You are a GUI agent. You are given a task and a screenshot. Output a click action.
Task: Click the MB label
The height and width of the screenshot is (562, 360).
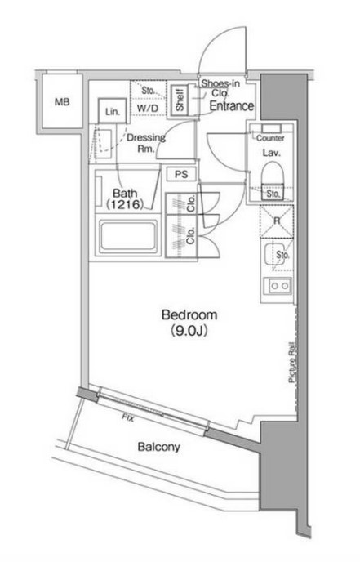click(62, 102)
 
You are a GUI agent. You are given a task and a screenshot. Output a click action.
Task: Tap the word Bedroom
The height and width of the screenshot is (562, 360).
click(189, 314)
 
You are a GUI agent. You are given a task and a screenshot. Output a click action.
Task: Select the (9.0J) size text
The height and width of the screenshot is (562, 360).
click(189, 331)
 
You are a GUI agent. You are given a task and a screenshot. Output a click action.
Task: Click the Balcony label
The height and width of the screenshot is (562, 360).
click(158, 447)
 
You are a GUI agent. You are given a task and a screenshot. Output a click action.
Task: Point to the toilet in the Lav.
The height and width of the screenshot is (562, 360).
click(273, 177)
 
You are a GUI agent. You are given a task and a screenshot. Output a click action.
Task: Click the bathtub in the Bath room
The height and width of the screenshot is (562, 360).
click(128, 236)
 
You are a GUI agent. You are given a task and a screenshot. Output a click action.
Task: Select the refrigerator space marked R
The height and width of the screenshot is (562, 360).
click(277, 221)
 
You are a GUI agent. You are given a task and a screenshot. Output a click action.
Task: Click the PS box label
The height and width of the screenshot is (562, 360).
click(181, 175)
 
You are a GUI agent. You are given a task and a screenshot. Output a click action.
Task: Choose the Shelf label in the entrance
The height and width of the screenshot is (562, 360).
click(180, 100)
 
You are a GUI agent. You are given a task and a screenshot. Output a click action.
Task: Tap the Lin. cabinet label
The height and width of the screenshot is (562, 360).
click(113, 112)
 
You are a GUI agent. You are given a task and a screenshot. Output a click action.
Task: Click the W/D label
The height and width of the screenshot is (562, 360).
click(148, 108)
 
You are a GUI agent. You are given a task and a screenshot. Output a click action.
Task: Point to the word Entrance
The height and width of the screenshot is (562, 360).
click(232, 105)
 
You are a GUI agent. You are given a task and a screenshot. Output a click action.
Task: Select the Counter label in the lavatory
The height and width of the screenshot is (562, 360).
click(270, 138)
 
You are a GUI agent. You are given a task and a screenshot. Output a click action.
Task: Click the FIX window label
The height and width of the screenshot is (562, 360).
click(128, 417)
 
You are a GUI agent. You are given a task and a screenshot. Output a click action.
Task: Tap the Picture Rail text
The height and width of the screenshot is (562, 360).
click(292, 362)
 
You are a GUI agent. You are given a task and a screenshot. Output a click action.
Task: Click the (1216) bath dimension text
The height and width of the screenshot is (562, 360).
click(125, 205)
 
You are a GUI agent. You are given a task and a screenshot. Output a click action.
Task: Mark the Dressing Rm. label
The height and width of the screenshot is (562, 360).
click(146, 143)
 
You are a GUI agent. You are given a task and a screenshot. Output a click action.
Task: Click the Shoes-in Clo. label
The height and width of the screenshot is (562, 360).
click(220, 88)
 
